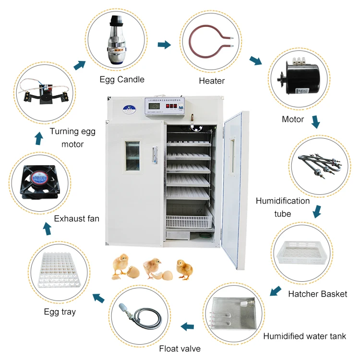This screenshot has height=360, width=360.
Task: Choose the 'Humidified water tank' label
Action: click(304, 336)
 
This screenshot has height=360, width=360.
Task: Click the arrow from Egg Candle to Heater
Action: click(164, 45)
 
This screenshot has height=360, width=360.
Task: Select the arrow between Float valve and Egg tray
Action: click(98, 298)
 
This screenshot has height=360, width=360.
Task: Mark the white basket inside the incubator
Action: click(188, 221)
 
